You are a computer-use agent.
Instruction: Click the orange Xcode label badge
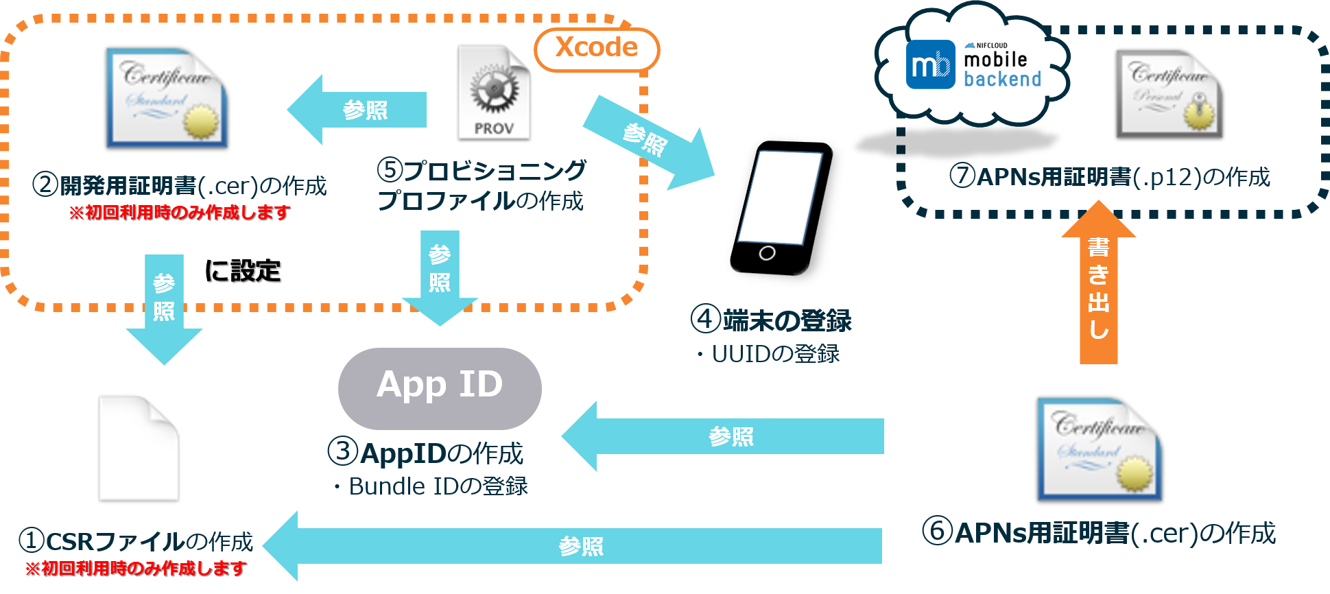pyautogui.click(x=596, y=49)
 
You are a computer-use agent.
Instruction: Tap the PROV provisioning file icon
pyautogui.click(x=494, y=93)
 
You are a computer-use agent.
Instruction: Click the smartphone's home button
pyautogui.click(x=767, y=253)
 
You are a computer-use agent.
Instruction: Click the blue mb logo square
pyautogui.click(x=930, y=65)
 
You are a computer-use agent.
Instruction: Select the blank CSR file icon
pyautogui.click(x=138, y=447)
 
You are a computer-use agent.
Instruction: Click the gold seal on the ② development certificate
pyautogui.click(x=201, y=123)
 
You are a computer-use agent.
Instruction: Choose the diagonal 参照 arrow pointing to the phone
pyautogui.click(x=649, y=142)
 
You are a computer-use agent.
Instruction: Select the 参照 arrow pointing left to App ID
pyautogui.click(x=724, y=436)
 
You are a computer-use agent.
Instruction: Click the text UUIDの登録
pyautogui.click(x=775, y=354)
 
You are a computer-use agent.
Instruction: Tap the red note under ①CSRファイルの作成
pyautogui.click(x=136, y=569)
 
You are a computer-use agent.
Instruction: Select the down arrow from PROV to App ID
pyautogui.click(x=440, y=274)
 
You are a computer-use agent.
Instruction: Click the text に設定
pyautogui.click(x=243, y=271)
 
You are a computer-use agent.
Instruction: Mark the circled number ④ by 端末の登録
pyautogui.click(x=705, y=320)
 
